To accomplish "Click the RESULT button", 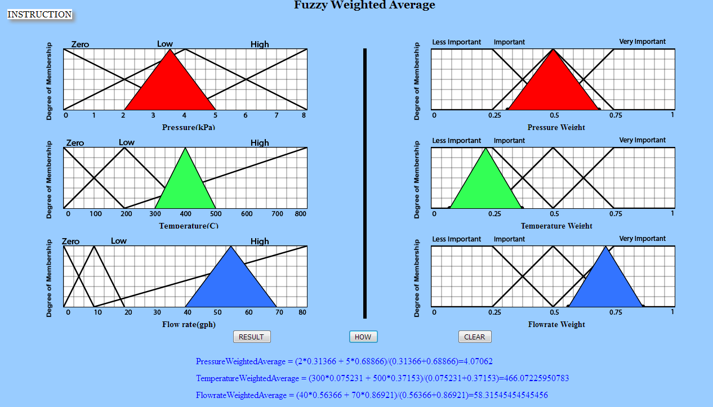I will (x=251, y=337).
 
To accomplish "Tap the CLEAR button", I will (x=474, y=337).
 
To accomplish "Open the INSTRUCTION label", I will (x=39, y=15).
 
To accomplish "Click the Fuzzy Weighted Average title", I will (x=364, y=6).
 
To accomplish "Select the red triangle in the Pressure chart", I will (x=170, y=87).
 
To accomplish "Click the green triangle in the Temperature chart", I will (x=185, y=186).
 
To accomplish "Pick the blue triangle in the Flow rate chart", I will (x=230, y=284).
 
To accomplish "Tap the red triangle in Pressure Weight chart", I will (x=553, y=87).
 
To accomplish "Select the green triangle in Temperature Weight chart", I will (x=485, y=186).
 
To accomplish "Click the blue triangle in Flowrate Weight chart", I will (x=605, y=284).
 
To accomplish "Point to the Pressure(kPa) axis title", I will (x=189, y=127).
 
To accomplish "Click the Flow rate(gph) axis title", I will (x=189, y=324).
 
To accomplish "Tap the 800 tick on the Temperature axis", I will (x=300, y=214).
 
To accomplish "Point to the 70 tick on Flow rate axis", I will (x=276, y=312).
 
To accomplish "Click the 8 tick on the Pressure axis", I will (x=304, y=115).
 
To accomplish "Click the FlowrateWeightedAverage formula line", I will (x=372, y=395).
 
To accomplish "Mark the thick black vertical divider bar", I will (x=365, y=183).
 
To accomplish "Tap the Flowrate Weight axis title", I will (x=556, y=324).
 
